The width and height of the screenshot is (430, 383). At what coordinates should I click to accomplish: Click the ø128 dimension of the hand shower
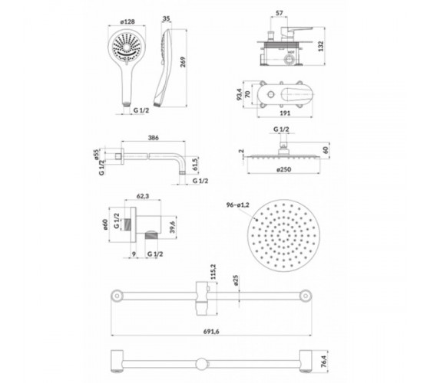click(127, 21)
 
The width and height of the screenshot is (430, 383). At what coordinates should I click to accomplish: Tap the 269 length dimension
click(183, 62)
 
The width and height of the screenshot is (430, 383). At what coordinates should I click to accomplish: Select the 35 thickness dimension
click(166, 18)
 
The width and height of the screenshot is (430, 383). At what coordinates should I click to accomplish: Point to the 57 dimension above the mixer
click(279, 13)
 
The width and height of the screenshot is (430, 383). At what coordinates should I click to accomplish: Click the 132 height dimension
click(321, 46)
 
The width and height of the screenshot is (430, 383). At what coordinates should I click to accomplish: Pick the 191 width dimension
click(285, 113)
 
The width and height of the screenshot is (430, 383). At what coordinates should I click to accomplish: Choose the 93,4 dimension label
click(240, 94)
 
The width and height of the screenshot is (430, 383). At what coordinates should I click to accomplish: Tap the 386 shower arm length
click(154, 138)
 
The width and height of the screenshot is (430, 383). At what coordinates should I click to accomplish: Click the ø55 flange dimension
click(96, 155)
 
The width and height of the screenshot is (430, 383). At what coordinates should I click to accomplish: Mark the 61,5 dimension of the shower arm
click(195, 165)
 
